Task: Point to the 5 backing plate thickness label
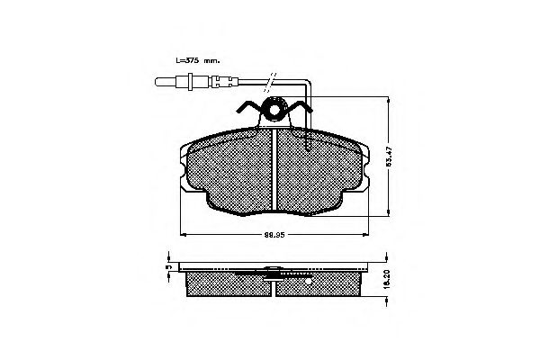pos(168,267)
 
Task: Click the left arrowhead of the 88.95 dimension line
pos(183,233)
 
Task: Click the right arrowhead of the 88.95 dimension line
pos(365,233)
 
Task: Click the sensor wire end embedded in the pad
pos(309,144)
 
